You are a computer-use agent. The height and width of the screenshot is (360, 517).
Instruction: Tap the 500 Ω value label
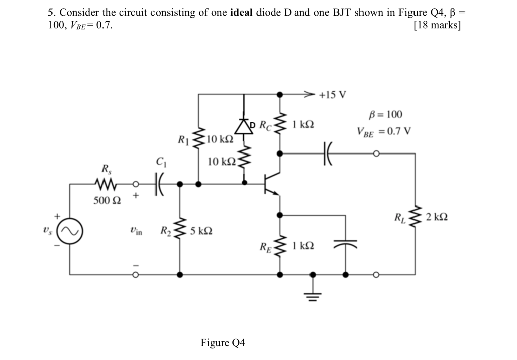(x=108, y=201)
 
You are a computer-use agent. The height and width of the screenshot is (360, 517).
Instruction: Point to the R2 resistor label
(x=166, y=232)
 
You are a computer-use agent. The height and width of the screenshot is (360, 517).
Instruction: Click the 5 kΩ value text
(x=201, y=232)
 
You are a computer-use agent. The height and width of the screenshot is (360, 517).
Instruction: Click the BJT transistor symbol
(x=272, y=185)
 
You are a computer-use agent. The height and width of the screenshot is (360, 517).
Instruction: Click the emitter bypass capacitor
(x=346, y=244)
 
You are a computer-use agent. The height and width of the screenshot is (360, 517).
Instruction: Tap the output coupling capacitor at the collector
(x=327, y=152)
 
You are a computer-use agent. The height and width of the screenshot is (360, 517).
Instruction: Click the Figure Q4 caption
(x=223, y=343)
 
